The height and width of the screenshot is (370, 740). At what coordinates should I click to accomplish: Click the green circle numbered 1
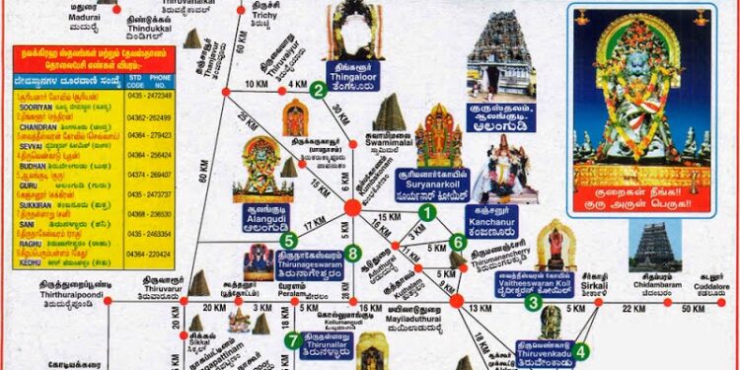click(426, 210)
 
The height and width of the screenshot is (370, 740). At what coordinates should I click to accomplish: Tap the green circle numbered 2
click(318, 90)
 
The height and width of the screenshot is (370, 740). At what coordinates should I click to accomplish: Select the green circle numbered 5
click(288, 240)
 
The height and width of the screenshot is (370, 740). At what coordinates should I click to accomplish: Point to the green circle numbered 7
click(292, 340)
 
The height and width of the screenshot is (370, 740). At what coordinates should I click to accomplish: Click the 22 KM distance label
click(633, 309)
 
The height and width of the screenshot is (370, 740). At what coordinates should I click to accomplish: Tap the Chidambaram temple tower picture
click(653, 247)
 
